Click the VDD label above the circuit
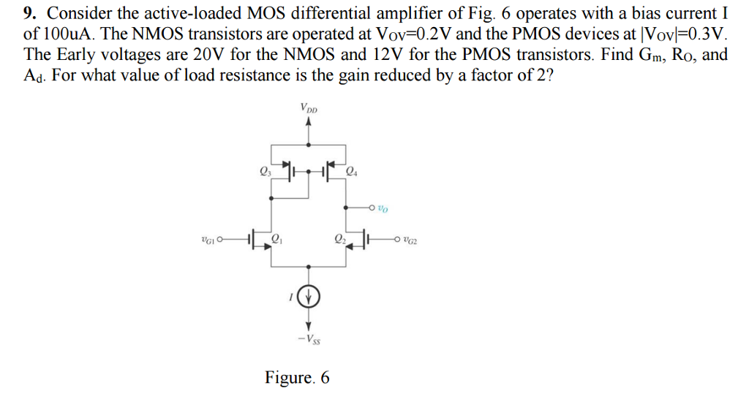pyautogui.click(x=309, y=108)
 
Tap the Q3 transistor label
pyautogui.click(x=265, y=172)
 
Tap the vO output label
pyautogui.click(x=383, y=209)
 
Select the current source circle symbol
pyautogui.click(x=309, y=297)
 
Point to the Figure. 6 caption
pyautogui.click(x=297, y=378)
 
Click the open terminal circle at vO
pyautogui.click(x=372, y=208)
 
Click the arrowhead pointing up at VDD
pyautogui.click(x=309, y=122)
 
